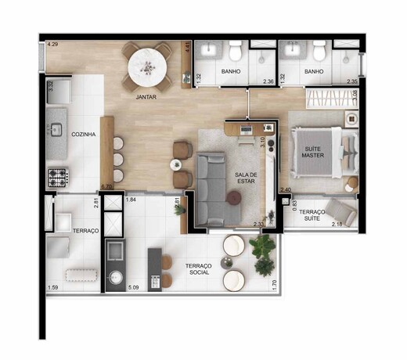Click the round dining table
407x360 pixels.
(x=147, y=68)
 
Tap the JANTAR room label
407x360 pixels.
(x=146, y=97)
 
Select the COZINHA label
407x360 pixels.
(x=84, y=135)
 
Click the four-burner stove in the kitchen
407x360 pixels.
(x=59, y=178)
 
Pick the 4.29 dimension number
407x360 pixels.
(x=52, y=45)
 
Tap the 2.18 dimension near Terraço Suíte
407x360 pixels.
(x=338, y=225)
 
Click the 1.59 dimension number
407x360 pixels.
(x=52, y=289)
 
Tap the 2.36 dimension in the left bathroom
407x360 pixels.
(x=268, y=81)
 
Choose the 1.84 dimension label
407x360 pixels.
(x=131, y=200)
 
